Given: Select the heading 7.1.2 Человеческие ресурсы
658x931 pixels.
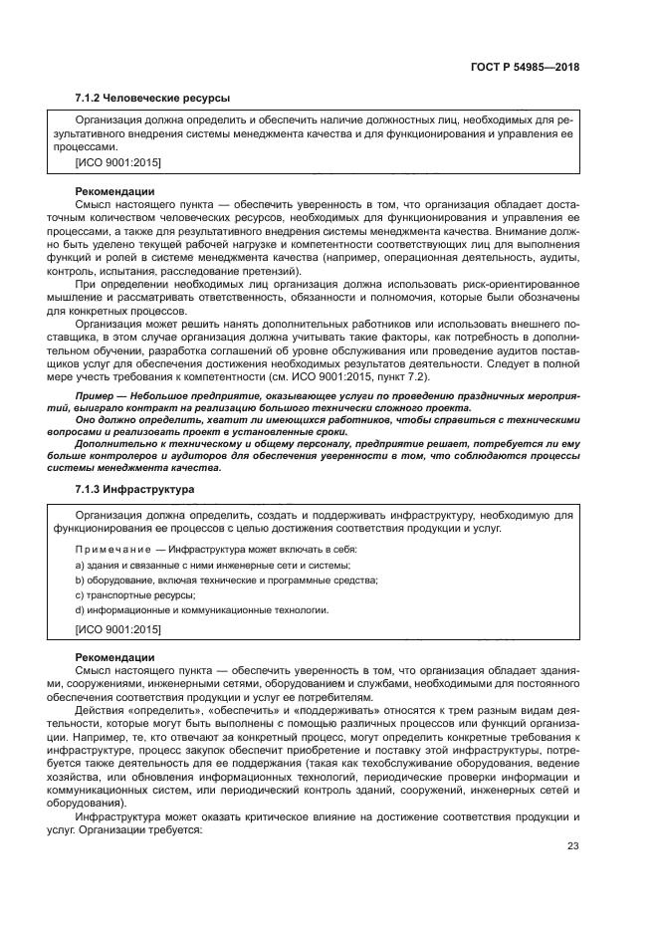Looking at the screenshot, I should click(152, 98).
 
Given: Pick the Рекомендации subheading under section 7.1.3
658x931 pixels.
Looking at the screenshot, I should click(114, 657).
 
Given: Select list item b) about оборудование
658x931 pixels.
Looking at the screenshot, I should click(212, 580).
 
